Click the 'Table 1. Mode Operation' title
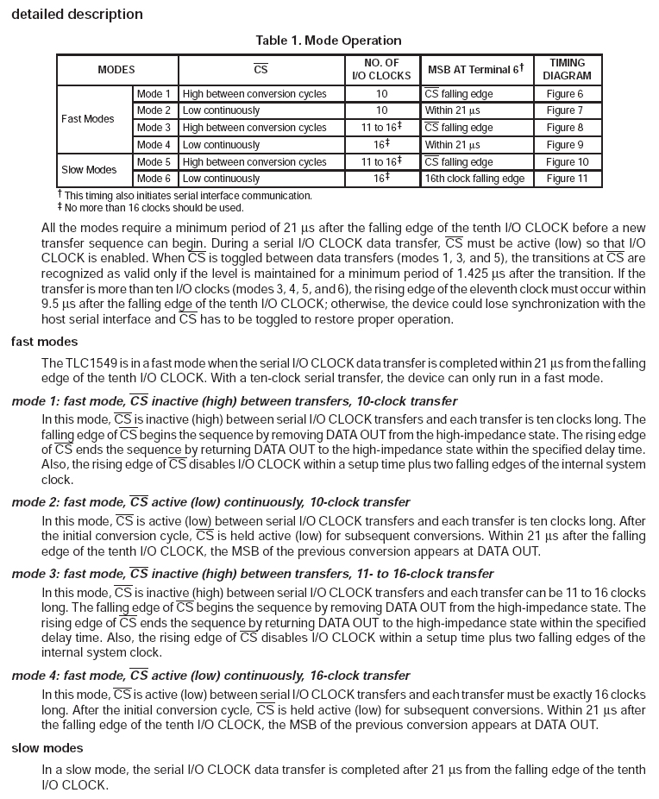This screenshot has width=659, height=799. (329, 41)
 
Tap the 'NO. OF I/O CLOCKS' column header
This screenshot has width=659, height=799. (381, 70)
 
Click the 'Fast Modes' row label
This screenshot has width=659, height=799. (88, 119)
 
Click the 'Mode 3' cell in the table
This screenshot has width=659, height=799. (154, 128)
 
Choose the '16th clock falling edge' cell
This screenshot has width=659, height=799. (474, 179)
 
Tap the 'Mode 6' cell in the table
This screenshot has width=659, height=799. (154, 179)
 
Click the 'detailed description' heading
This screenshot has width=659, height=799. (78, 15)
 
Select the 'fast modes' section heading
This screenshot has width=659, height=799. (44, 342)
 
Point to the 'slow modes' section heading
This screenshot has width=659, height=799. (47, 747)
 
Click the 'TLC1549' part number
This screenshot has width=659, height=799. (89, 362)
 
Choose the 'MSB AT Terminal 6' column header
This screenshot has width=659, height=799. (475, 70)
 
